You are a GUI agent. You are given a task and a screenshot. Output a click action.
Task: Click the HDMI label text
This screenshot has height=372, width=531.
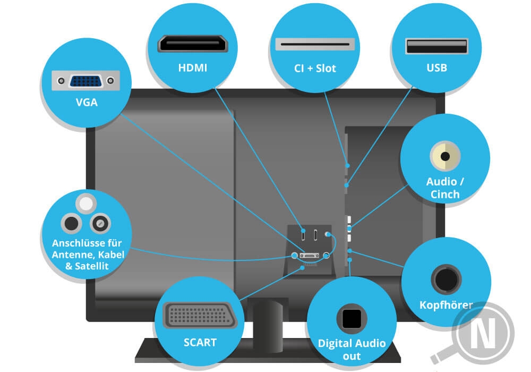pyautogui.click(x=192, y=67)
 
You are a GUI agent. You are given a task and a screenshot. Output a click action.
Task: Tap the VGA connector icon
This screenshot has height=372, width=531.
pyautogui.click(x=85, y=81)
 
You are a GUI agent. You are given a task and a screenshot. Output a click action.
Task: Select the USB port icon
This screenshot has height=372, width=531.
pyautogui.click(x=436, y=46)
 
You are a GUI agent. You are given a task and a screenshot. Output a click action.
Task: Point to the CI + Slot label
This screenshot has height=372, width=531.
pyautogui.click(x=315, y=68)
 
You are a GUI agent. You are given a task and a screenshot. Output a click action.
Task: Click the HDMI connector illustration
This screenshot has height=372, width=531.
pyautogui.click(x=192, y=44)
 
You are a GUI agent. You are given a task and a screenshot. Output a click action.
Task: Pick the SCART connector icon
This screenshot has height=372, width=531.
pyautogui.click(x=200, y=318)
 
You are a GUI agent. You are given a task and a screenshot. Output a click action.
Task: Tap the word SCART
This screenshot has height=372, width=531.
pyautogui.click(x=200, y=342)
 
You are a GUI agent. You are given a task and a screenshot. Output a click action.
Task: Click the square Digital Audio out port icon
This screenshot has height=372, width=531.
pyautogui.click(x=351, y=319)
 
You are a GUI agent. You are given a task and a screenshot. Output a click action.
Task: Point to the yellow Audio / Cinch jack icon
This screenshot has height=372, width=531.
pyautogui.click(x=445, y=157)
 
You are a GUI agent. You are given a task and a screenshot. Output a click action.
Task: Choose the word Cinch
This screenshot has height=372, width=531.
pyautogui.click(x=445, y=195)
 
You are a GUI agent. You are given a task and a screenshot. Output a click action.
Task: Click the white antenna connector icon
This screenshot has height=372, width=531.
pyautogui.click(x=86, y=204)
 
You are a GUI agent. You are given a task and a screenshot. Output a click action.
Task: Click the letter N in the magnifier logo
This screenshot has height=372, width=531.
pyautogui.click(x=485, y=334)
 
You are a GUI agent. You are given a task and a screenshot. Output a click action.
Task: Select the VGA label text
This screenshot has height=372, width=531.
pyautogui.click(x=87, y=103)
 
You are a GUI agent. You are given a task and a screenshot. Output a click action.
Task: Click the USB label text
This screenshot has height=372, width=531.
pyautogui.click(x=436, y=67)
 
